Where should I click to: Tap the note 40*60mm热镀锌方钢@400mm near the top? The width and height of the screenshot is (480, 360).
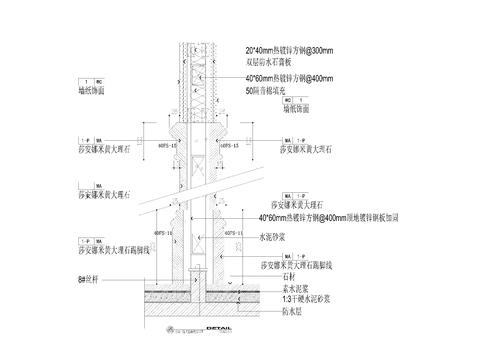coord(295,76)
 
